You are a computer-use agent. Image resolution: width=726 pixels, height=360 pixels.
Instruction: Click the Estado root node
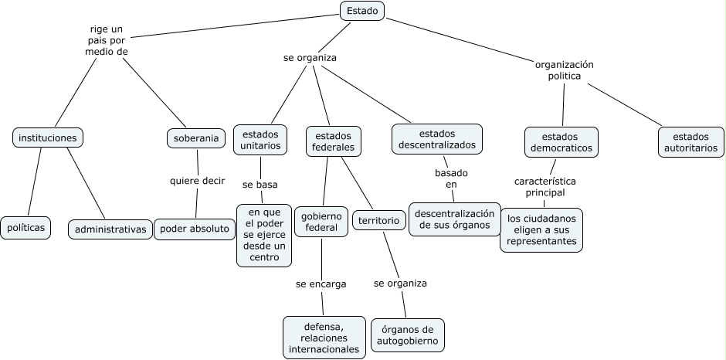tap(361, 11)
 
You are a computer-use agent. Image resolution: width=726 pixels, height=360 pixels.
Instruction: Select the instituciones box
tap(48, 138)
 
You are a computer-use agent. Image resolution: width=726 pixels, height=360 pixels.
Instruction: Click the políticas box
tap(26, 228)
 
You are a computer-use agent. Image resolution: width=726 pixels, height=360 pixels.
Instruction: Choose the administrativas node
tap(110, 229)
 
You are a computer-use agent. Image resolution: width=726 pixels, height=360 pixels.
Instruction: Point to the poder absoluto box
tap(195, 229)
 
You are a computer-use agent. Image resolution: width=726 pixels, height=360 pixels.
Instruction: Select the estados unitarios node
tap(260, 139)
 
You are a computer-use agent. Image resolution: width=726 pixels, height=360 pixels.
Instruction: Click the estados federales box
tap(334, 141)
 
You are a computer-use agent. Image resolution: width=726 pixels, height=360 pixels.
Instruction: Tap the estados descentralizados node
tap(437, 139)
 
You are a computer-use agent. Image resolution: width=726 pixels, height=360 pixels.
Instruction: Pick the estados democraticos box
tap(561, 141)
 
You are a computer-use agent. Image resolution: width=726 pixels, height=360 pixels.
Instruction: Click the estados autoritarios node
tap(690, 141)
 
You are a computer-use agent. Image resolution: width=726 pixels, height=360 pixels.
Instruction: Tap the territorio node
tap(379, 221)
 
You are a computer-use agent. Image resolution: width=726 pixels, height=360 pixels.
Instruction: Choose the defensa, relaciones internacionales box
tap(324, 338)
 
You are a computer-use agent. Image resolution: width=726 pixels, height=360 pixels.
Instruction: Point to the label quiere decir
tap(198, 181)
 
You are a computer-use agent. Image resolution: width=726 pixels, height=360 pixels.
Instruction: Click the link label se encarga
tap(321, 284)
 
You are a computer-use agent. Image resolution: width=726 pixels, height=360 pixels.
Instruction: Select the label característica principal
tap(545, 186)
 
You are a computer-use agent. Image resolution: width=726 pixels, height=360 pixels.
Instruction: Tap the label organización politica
tap(564, 70)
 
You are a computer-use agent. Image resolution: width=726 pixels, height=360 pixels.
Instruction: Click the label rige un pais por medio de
tap(107, 40)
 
